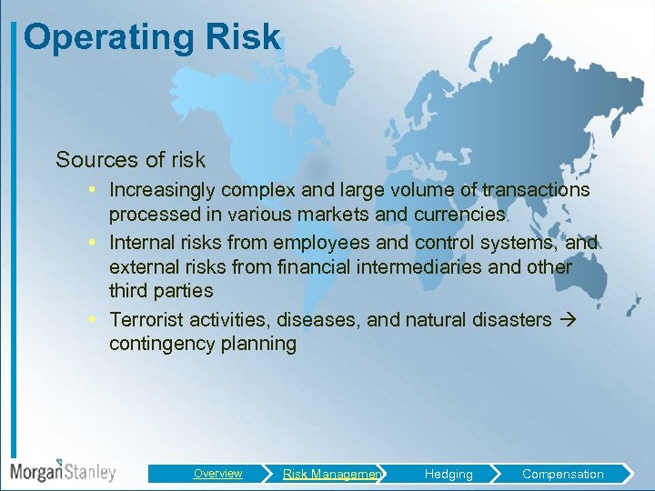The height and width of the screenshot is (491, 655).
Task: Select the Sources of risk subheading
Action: coord(130,160)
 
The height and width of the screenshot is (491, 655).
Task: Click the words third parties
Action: coord(161,291)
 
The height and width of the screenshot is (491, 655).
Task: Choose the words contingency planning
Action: coord(202,344)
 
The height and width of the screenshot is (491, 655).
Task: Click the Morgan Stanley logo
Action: coord(63,471)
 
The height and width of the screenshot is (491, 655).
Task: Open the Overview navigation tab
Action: coord(217,474)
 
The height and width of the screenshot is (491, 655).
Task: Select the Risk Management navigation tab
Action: coord(331,474)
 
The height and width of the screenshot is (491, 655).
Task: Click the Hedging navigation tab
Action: coord(448,474)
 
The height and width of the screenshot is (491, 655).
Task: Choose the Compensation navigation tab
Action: coord(562,474)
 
